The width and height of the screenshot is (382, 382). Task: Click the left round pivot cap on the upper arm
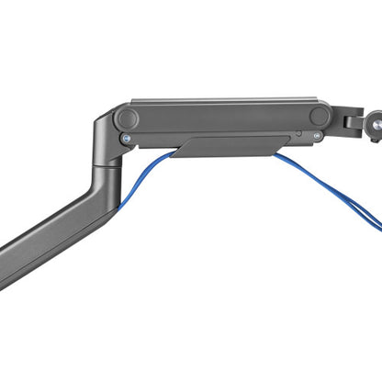click(126, 118)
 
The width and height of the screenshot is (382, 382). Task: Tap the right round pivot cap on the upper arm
click(320, 116)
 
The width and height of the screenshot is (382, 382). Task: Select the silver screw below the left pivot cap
click(126, 139)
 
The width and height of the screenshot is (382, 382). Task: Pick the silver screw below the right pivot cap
click(317, 136)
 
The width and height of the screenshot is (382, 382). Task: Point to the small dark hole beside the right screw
click(296, 134)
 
